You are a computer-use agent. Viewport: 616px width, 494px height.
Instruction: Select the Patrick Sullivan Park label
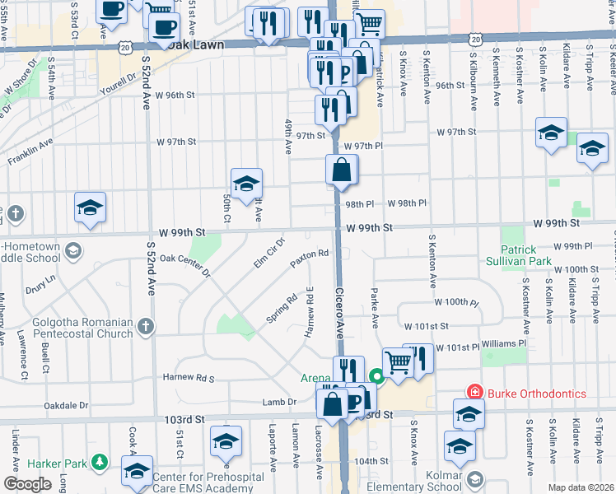click(x=531, y=256)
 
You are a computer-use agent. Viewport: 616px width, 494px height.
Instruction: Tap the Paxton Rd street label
click(x=310, y=259)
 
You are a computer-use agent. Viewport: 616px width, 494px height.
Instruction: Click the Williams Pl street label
click(x=504, y=343)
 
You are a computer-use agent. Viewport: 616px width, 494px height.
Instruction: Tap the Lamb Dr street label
click(x=278, y=402)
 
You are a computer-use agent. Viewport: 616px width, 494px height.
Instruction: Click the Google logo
click(x=27, y=483)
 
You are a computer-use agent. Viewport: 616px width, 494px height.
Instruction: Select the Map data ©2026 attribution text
click(x=581, y=487)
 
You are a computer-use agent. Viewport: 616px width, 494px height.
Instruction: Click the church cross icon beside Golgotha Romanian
click(x=146, y=327)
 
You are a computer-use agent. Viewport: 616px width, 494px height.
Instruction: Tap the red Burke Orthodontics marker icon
click(x=474, y=394)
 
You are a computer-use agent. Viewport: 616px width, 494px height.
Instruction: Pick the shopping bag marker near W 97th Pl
click(x=341, y=171)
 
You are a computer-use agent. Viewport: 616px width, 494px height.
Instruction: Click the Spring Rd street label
click(x=281, y=309)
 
